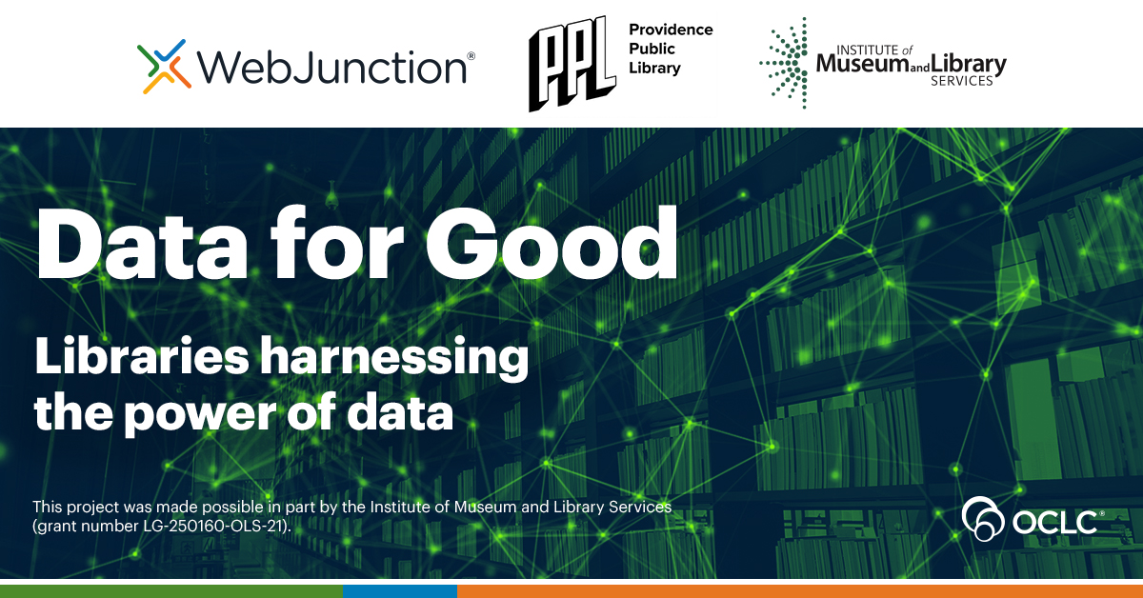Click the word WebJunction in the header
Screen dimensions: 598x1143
(331, 68)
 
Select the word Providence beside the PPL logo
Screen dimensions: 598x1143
(671, 30)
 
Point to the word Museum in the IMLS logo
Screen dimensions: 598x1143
(855, 66)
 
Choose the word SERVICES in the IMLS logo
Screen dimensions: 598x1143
(961, 82)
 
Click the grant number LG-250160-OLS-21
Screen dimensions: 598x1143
(216, 525)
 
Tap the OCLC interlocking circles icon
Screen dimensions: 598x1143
(984, 518)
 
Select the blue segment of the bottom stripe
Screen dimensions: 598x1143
(399, 590)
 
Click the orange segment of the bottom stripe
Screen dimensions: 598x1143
(799, 590)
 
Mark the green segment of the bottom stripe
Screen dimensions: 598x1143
(170, 590)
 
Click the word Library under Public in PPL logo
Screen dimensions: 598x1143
(655, 68)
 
